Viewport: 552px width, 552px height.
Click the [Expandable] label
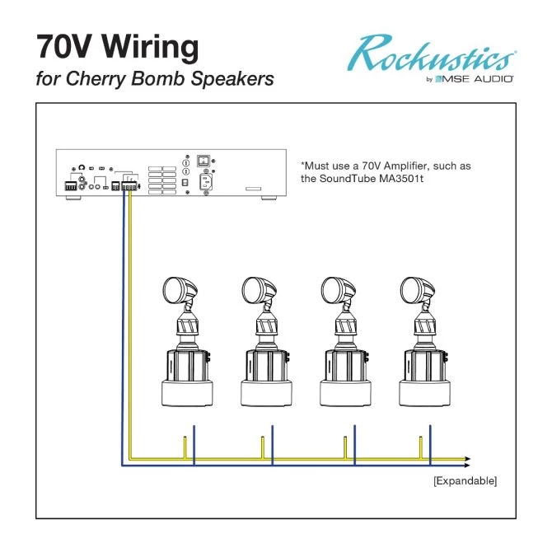tap(465, 480)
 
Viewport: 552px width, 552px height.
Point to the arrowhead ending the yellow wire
tap(467, 458)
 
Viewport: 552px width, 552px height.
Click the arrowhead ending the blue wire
tap(467, 466)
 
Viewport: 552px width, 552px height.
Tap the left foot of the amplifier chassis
tap(69, 199)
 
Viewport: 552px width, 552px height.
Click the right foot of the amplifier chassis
tap(269, 199)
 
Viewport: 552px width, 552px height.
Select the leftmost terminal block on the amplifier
tap(71, 187)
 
